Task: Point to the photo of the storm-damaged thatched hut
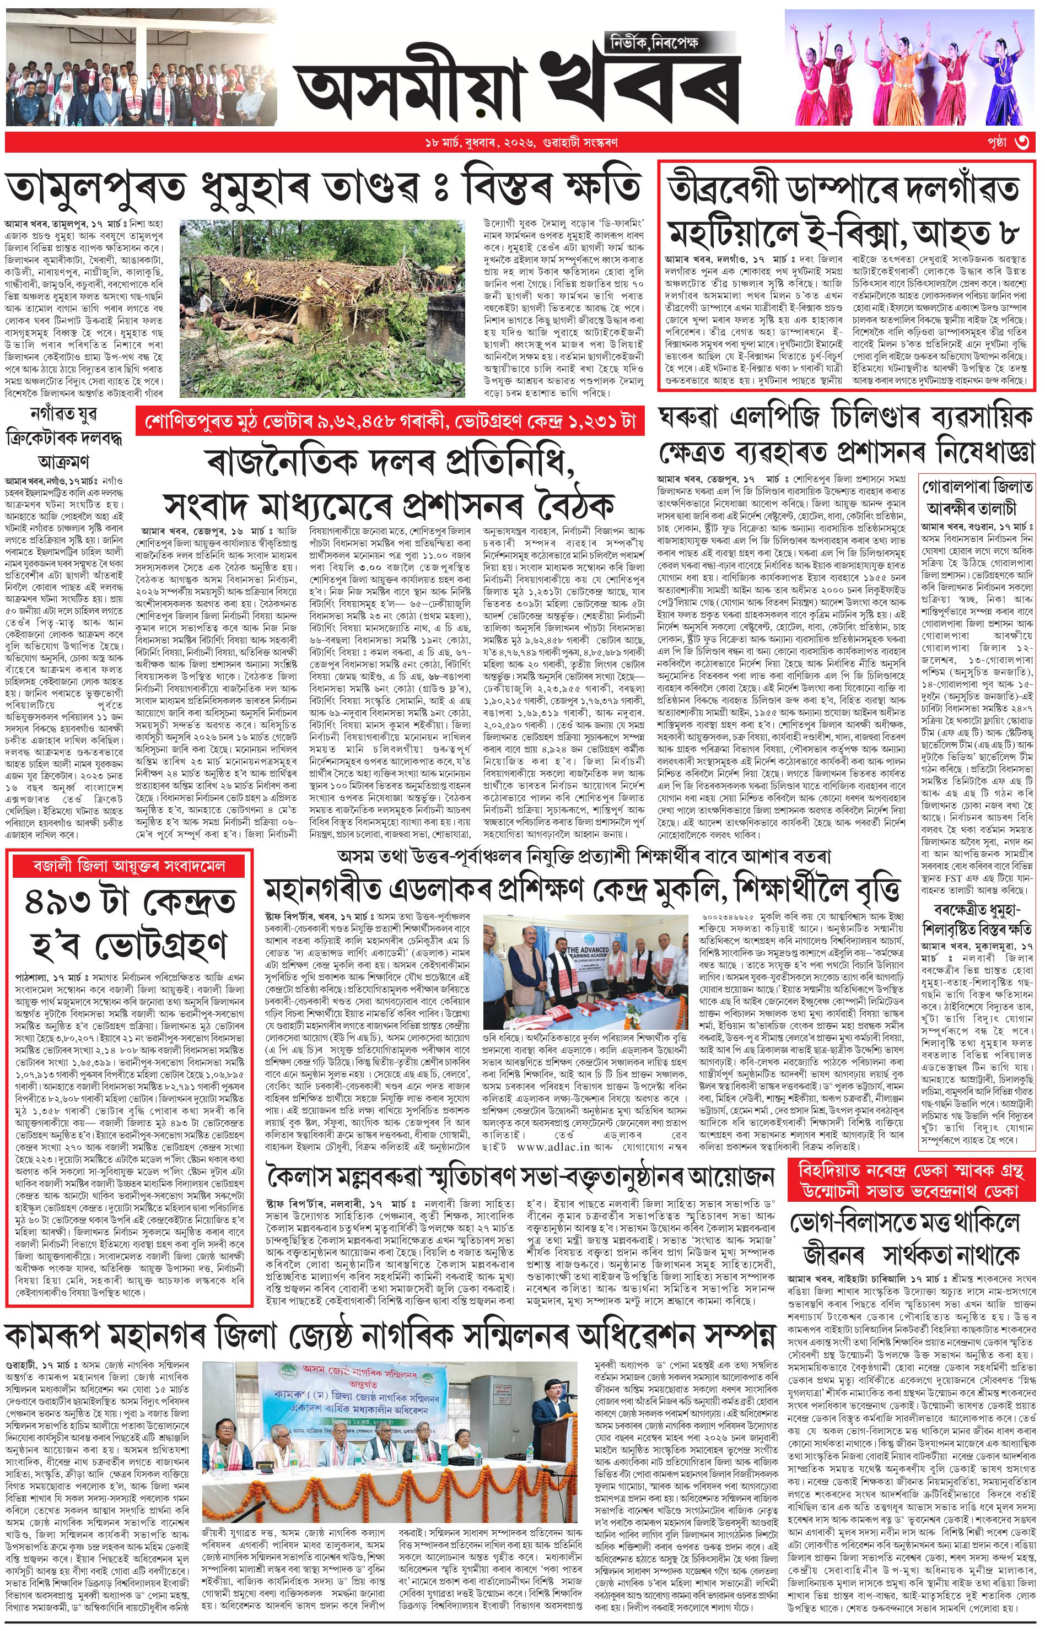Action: tap(322, 308)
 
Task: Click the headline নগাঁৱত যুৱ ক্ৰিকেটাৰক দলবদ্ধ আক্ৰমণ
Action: tap(65, 438)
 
